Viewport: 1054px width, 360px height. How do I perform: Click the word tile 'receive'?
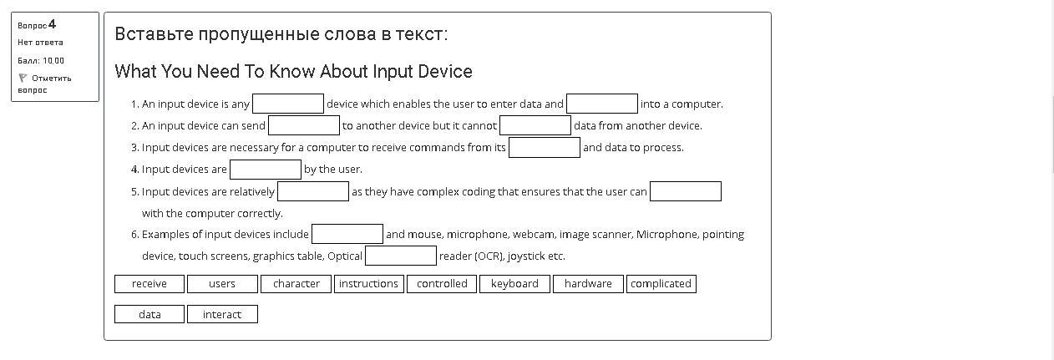(x=149, y=284)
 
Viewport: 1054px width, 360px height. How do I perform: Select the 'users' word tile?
(x=222, y=284)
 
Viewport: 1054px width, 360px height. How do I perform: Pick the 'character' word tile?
(x=296, y=284)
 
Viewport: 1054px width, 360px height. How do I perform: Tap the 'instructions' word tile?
(x=368, y=284)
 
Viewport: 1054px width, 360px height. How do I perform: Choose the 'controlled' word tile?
(x=442, y=284)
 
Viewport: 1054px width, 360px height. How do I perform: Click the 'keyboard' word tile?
(x=514, y=284)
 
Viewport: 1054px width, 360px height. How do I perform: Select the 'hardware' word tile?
(x=588, y=284)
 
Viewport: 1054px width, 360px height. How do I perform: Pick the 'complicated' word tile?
(x=661, y=284)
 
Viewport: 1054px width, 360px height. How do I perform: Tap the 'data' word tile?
(x=149, y=314)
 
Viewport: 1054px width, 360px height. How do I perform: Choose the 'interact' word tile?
(x=222, y=314)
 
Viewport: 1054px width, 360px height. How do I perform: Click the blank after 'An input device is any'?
(x=288, y=104)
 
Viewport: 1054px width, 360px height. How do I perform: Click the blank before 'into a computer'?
(x=602, y=104)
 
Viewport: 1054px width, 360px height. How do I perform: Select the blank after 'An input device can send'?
(x=304, y=125)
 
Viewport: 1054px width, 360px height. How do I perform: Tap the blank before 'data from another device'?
(x=535, y=125)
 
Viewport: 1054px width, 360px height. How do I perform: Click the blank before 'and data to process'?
(x=545, y=147)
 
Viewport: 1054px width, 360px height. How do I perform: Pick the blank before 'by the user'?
(x=266, y=170)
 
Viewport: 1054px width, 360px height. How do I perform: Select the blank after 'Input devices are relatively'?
(x=313, y=191)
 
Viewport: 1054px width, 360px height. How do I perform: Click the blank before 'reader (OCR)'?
(x=401, y=256)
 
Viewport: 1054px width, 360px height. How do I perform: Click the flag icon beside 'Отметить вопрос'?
(x=23, y=78)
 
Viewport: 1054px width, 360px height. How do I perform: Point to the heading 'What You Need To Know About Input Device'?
(x=293, y=71)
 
